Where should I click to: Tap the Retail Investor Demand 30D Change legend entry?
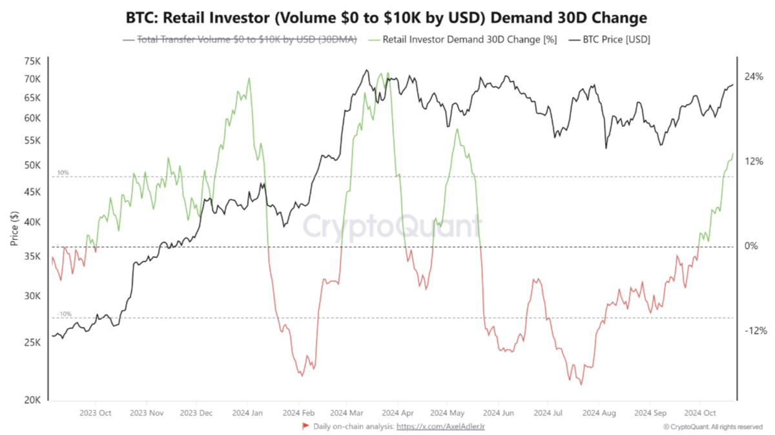point(468,39)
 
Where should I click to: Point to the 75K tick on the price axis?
point(32,61)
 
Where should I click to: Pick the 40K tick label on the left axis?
point(32,222)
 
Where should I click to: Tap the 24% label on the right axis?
point(754,76)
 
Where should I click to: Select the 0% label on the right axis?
point(751,246)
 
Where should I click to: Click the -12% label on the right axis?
point(754,331)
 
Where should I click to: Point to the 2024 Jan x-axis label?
point(246,412)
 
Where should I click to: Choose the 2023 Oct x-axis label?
point(95,412)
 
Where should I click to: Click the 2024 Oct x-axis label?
point(700,412)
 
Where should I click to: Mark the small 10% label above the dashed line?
point(63,173)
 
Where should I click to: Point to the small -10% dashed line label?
point(64,314)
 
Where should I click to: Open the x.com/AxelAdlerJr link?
point(445,427)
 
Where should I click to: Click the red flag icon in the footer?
point(305,426)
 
